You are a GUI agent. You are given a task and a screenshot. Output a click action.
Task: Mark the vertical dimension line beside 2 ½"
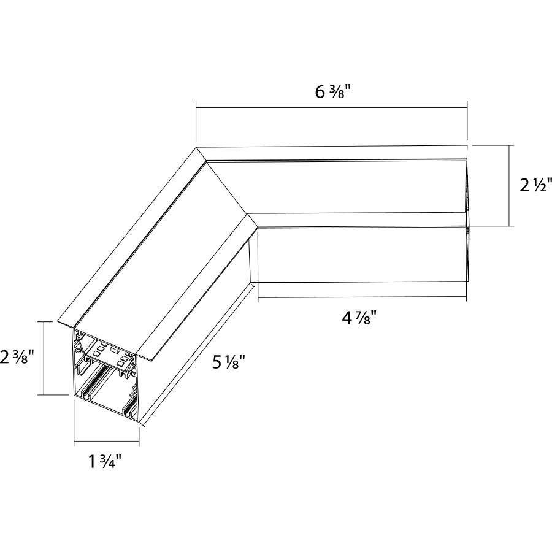(x=510, y=185)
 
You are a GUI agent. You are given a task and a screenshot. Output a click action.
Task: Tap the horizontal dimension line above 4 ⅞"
(x=362, y=299)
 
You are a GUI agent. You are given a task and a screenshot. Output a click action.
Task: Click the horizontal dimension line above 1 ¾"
(x=106, y=442)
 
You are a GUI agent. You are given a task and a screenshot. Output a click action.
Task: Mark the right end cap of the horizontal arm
(x=466, y=221)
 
